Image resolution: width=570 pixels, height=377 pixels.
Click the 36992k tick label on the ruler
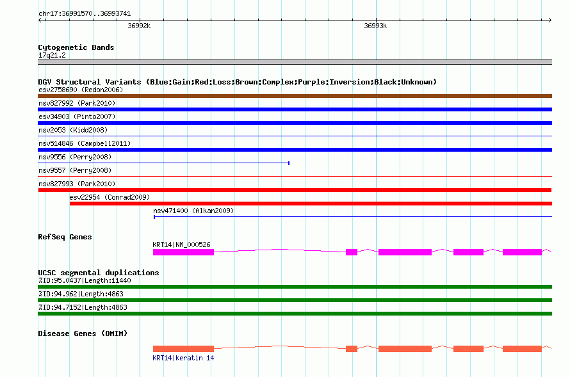(139, 26)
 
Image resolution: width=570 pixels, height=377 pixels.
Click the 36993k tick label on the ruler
(375, 26)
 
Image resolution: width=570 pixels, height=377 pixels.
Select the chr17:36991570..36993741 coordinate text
(85, 14)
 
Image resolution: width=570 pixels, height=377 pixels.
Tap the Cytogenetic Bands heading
(76, 47)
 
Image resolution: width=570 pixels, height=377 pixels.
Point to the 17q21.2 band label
(52, 55)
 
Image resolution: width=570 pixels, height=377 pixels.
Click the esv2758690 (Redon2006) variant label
(81, 90)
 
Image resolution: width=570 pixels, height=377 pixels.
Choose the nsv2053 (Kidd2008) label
(73, 130)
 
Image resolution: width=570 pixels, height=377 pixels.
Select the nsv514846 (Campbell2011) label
(85, 143)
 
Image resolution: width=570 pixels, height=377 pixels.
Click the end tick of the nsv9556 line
(289, 163)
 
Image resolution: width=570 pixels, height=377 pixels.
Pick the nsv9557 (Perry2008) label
(75, 170)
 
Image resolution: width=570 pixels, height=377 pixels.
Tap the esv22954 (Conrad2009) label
(110, 197)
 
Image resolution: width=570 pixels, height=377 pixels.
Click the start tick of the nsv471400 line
(154, 217)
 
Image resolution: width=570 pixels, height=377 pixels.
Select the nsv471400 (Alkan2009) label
(193, 211)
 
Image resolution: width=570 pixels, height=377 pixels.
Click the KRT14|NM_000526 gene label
(181, 245)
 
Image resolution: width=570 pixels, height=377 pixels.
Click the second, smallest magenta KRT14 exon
(352, 252)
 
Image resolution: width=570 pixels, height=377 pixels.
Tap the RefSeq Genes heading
(65, 237)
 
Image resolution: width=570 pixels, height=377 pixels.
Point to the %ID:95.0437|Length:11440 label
(85, 281)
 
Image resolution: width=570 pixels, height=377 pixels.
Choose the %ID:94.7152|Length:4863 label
(83, 308)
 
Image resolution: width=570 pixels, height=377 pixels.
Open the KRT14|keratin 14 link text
(183, 358)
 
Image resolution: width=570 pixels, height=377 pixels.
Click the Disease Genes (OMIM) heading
(83, 333)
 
